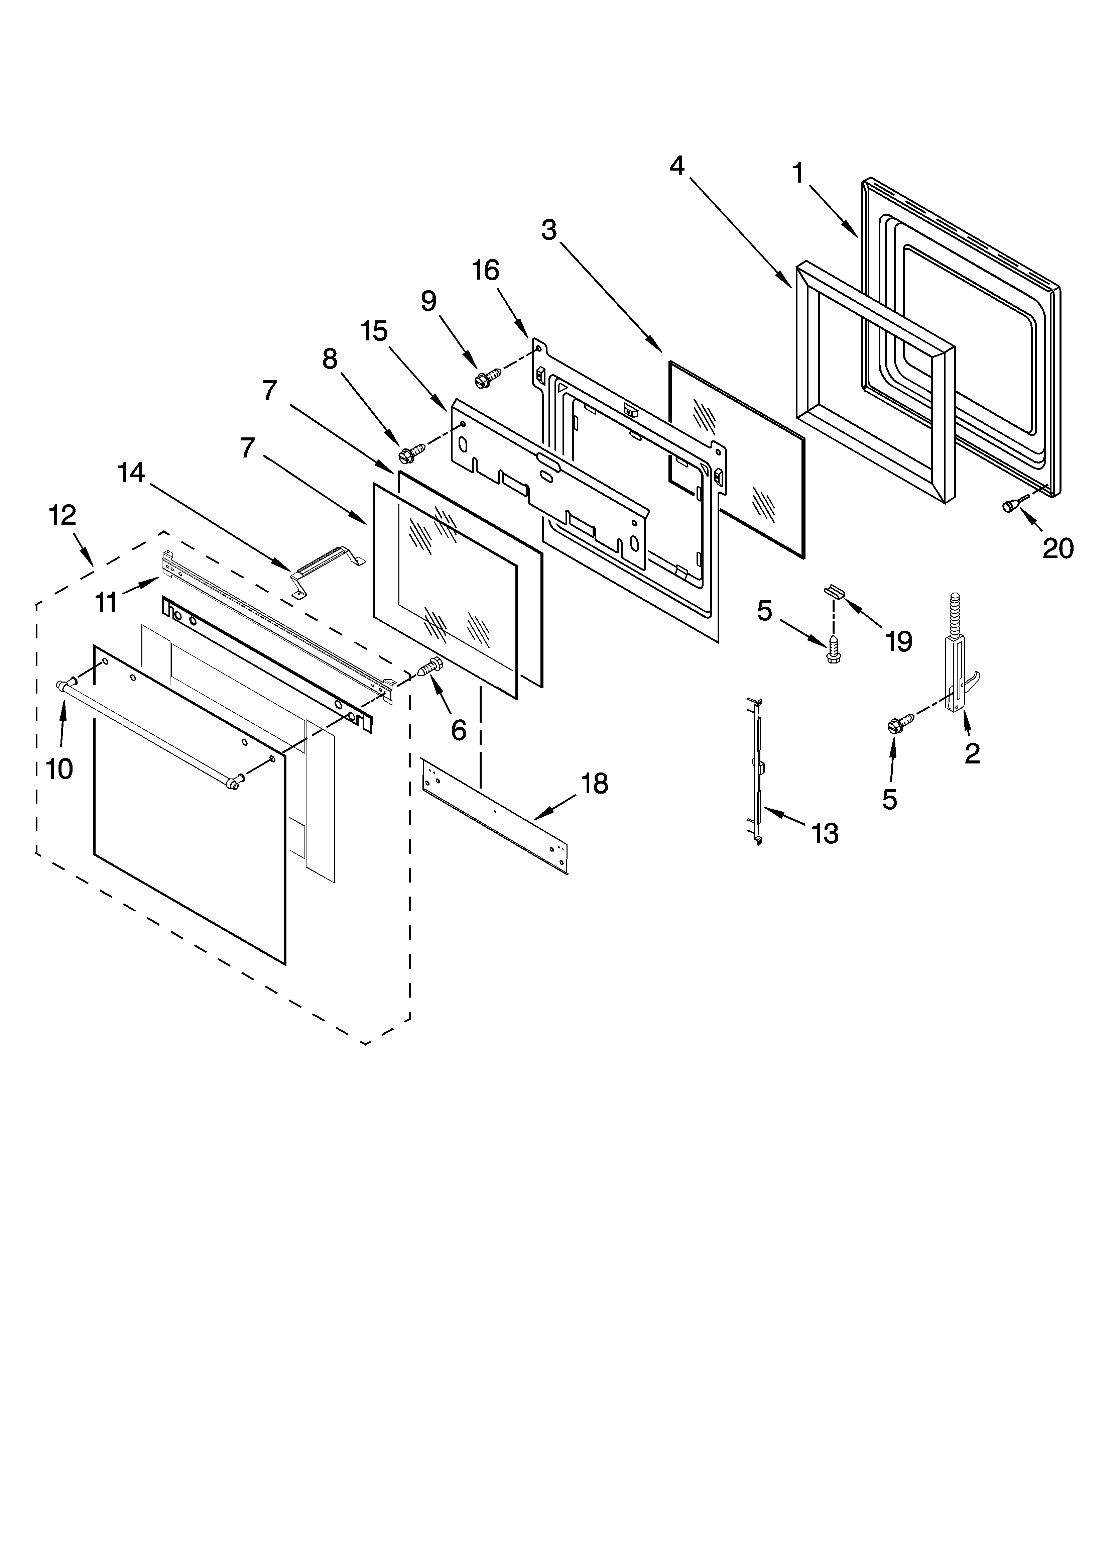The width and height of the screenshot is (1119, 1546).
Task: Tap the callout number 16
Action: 486,271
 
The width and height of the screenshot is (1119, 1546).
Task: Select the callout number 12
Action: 62,515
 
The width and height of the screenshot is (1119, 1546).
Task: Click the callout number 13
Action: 825,833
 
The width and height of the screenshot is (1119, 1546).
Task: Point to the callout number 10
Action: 59,769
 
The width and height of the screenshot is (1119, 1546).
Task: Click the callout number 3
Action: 548,230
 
